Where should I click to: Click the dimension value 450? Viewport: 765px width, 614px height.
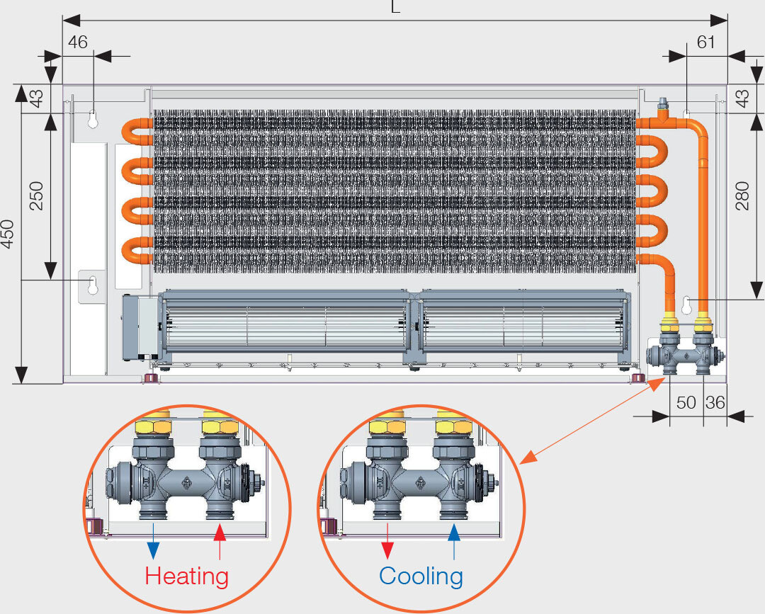click(x=8, y=233)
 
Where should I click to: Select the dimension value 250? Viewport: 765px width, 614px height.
click(x=36, y=196)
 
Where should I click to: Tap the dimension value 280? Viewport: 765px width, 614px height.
click(x=742, y=196)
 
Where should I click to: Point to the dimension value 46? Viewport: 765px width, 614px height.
click(x=77, y=42)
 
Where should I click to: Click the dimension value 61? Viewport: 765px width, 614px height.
click(x=706, y=42)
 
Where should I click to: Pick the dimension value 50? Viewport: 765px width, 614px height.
click(x=686, y=403)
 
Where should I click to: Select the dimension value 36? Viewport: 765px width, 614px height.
click(x=715, y=403)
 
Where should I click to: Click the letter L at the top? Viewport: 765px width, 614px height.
click(x=395, y=8)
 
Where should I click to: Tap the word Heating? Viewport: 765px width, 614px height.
click(x=187, y=576)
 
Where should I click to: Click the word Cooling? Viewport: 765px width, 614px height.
click(x=421, y=576)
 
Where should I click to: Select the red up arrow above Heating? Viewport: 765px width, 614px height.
click(x=220, y=542)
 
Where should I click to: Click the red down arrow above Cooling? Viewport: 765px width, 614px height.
click(x=387, y=542)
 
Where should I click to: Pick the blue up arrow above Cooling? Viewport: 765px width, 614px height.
click(x=454, y=542)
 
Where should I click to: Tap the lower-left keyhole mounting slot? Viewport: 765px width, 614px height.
click(x=93, y=286)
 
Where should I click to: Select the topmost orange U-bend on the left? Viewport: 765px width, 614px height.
click(x=135, y=130)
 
